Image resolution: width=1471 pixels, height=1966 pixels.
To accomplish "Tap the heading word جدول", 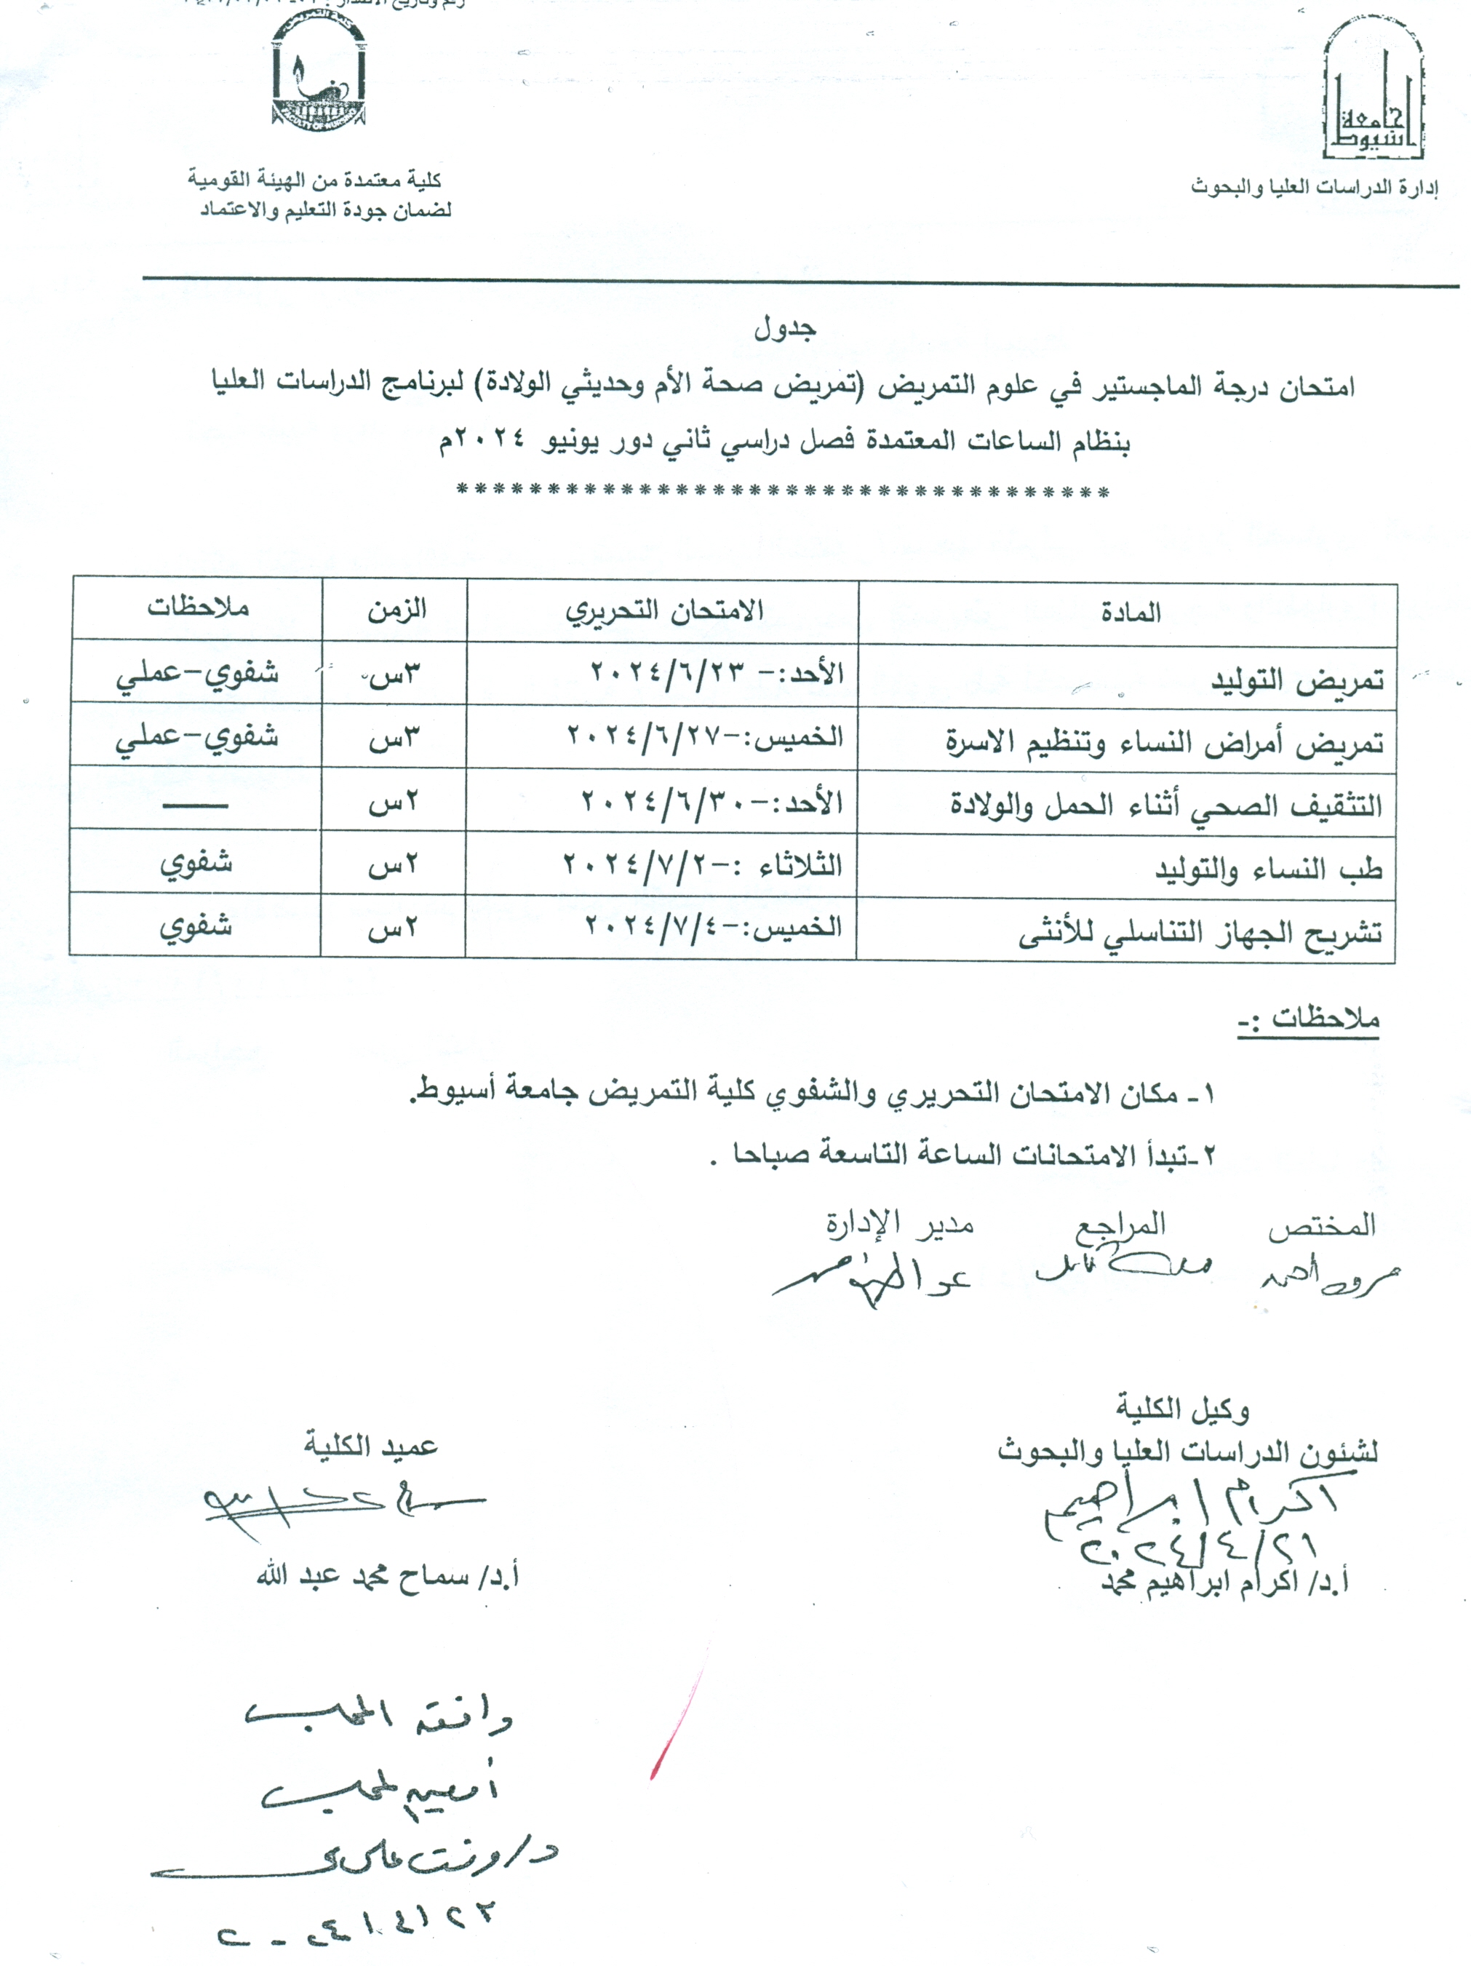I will point(785,330).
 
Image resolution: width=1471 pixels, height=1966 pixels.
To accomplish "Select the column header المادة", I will point(1130,613).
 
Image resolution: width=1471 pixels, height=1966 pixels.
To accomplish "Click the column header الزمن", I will point(396,610).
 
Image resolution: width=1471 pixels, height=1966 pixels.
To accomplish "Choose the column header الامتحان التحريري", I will point(664,610).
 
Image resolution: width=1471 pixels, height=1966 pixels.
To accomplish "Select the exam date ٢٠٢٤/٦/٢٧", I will point(705,737).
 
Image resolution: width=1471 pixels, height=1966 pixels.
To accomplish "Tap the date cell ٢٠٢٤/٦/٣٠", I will point(711,802).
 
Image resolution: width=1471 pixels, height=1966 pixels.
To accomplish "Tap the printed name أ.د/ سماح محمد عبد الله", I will point(388,1577).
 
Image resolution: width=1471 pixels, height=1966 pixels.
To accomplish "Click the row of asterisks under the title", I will point(782,493).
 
